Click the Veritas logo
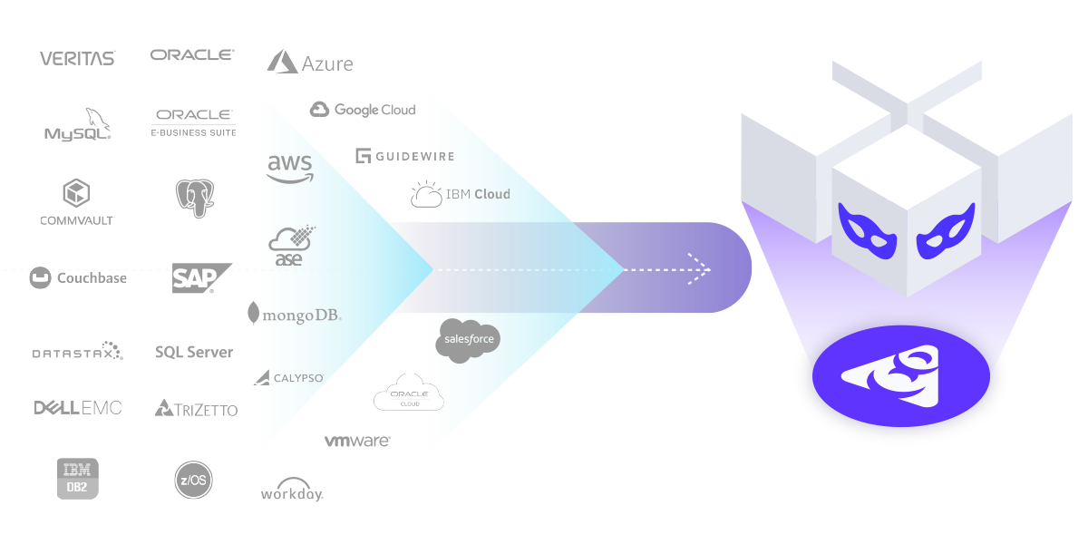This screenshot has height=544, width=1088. coord(77,58)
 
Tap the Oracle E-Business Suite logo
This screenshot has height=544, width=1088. coord(194,122)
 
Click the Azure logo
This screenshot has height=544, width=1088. coord(310,63)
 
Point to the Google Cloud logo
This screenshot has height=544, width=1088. coord(363,110)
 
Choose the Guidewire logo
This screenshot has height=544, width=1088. coord(404,156)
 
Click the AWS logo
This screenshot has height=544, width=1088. coord(290,168)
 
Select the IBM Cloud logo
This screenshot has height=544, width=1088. coord(461,194)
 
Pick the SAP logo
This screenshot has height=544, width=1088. coord(199,278)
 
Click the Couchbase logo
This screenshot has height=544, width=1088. coord(78,278)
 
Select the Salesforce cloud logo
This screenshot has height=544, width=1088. coord(469,340)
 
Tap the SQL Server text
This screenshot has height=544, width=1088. coord(194,352)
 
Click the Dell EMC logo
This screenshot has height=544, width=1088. coord(78,407)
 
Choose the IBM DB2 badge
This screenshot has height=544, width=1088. coord(77,478)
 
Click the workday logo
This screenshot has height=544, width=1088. coord(292,490)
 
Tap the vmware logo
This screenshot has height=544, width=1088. coord(357,441)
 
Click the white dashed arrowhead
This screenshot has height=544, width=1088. coord(701,269)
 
